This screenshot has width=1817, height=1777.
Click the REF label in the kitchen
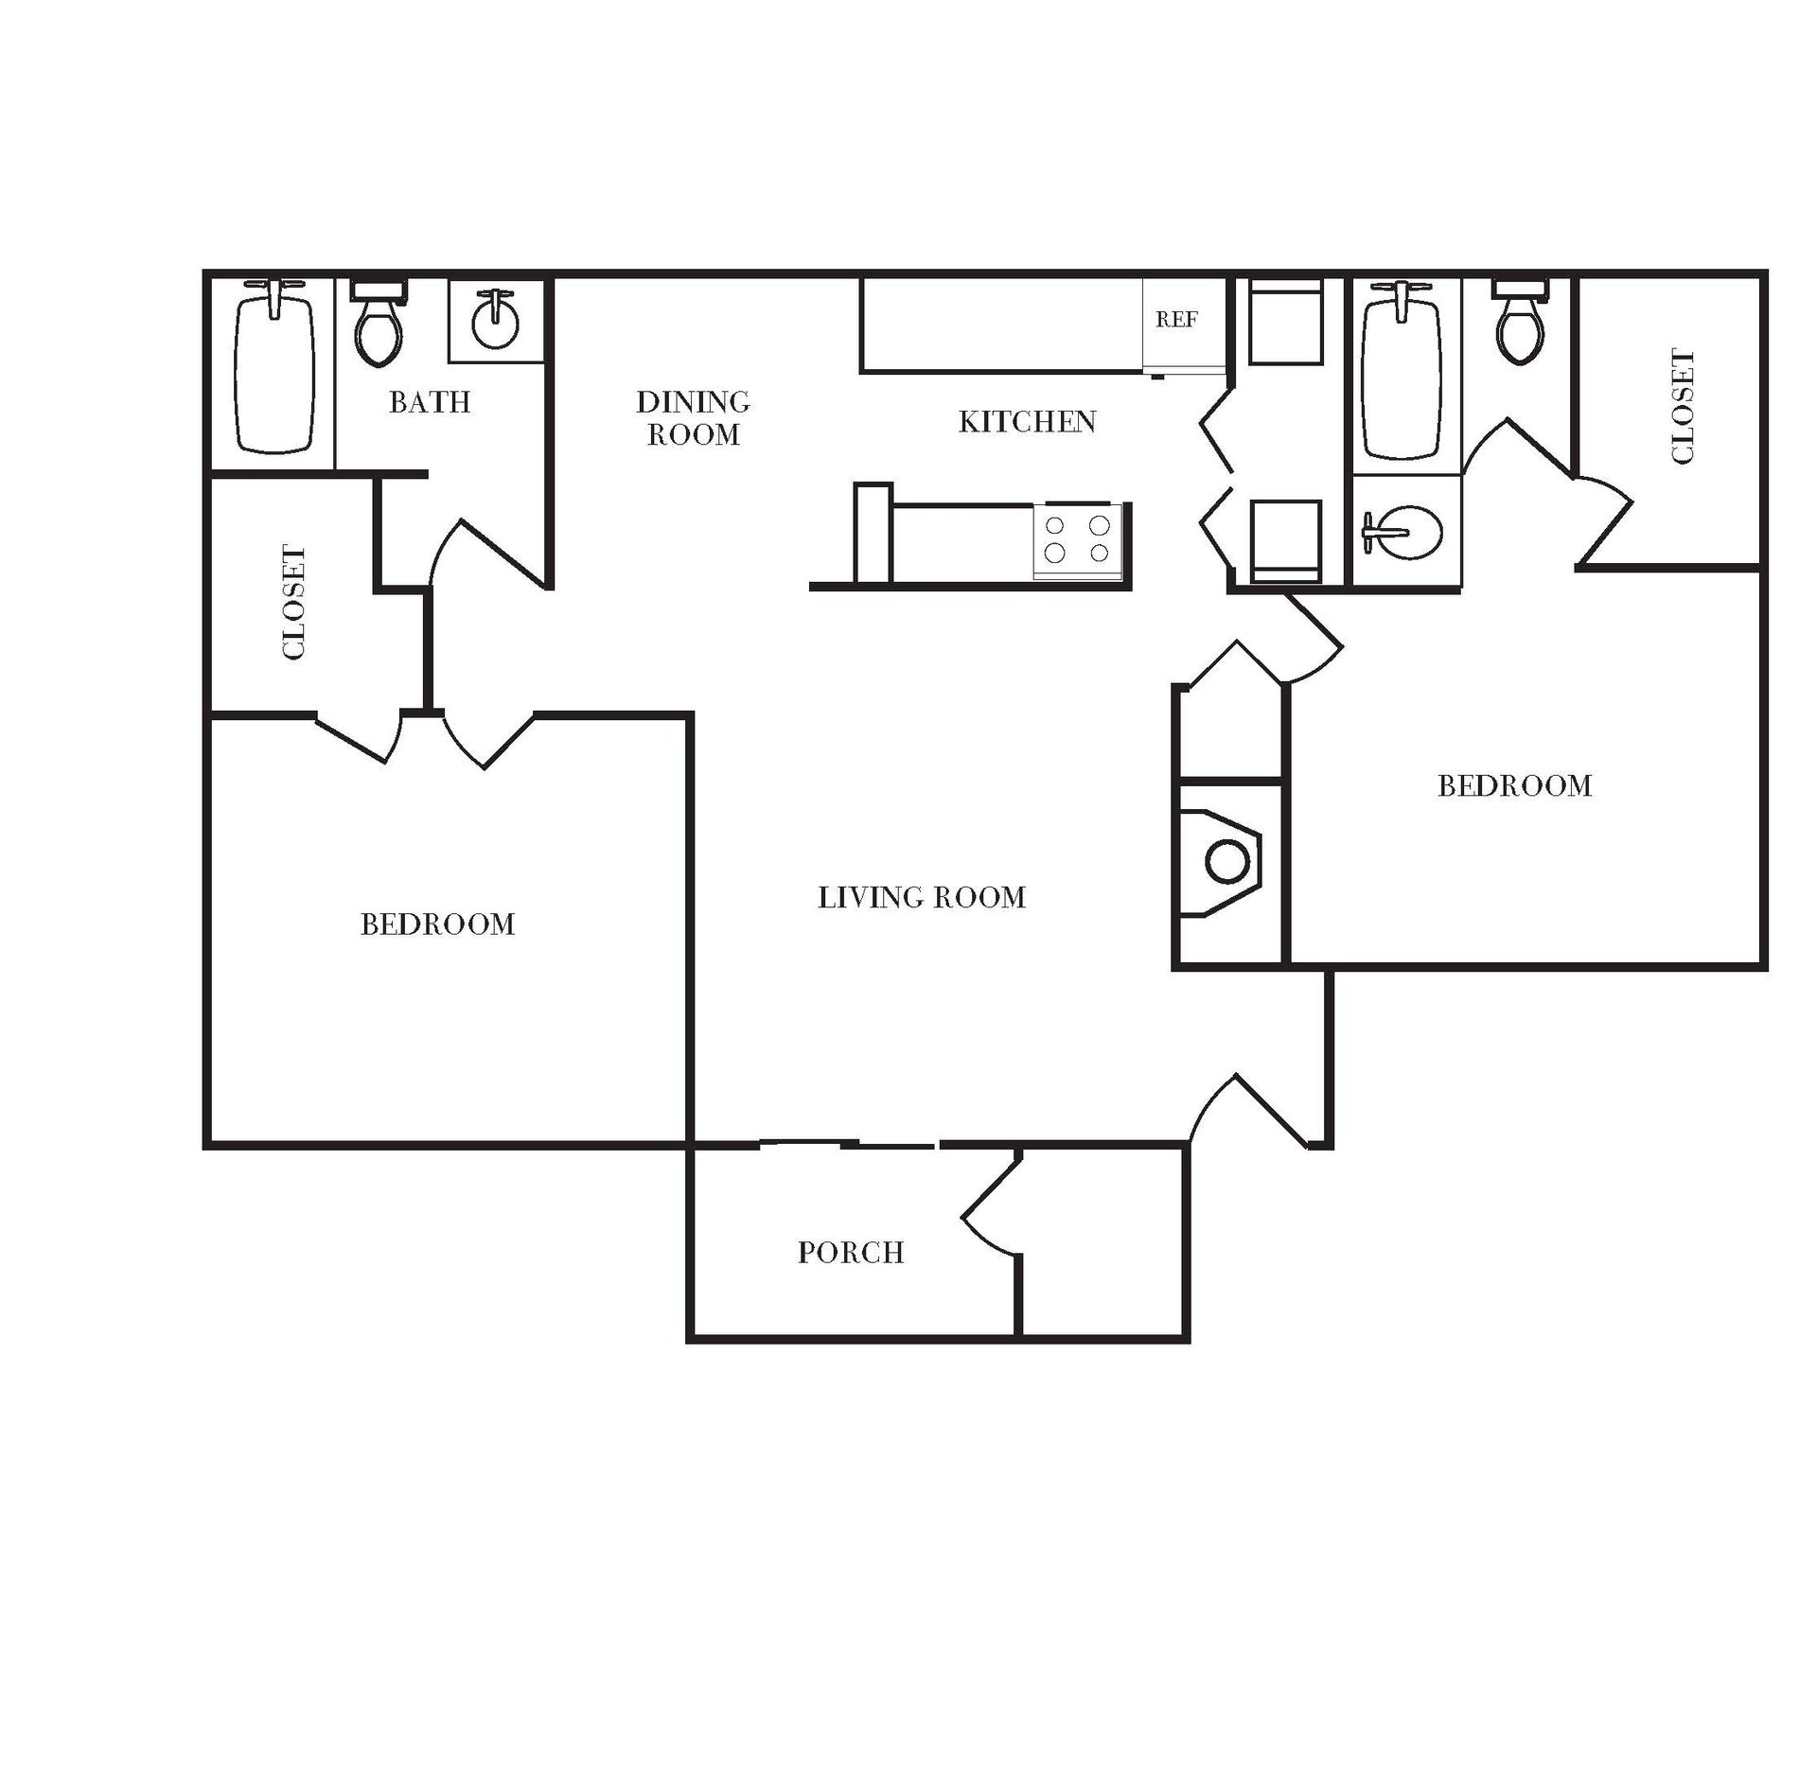1176,320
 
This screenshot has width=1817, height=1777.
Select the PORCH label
851,1253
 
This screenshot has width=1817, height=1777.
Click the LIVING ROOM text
922,897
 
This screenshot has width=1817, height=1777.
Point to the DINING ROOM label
693,417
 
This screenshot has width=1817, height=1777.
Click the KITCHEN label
1027,422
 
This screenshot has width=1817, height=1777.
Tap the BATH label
430,402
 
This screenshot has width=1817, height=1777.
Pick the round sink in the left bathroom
495,322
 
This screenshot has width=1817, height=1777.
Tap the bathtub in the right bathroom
1402,374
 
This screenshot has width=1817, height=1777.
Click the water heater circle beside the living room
1227,862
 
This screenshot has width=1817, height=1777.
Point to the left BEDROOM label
437,924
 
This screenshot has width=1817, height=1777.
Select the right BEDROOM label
1514,786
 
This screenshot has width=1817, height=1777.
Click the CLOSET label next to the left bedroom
294,602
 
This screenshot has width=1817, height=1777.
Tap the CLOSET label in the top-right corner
1682,407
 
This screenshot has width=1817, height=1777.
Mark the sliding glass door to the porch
849,1145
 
